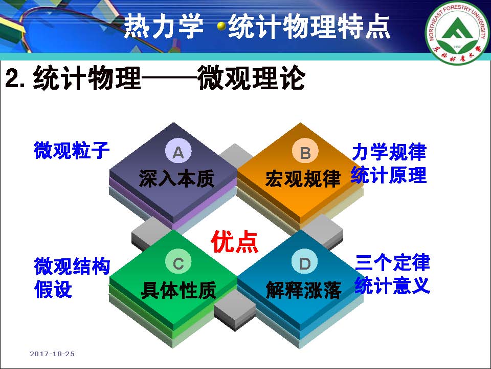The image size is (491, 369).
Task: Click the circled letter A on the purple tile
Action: [x=178, y=152]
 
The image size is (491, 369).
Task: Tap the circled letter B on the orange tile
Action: [x=305, y=152]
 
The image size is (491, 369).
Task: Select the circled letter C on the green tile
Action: [x=178, y=263]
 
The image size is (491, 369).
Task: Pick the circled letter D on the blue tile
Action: [x=305, y=263]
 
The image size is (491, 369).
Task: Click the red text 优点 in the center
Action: [x=235, y=241]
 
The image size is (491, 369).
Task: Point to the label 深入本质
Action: [x=176, y=178]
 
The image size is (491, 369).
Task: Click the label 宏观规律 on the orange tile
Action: [x=303, y=178]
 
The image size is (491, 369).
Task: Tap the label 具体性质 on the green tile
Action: [x=178, y=290]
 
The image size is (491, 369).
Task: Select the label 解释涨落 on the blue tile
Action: [x=303, y=290]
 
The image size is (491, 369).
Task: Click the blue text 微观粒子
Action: [x=72, y=150]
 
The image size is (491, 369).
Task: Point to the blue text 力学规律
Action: [x=389, y=152]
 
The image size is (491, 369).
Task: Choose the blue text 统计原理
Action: [x=389, y=175]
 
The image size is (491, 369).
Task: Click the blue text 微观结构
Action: [x=72, y=266]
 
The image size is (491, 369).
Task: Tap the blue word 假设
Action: [x=53, y=289]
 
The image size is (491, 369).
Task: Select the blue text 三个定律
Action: [x=392, y=262]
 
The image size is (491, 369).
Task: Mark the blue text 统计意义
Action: [x=392, y=285]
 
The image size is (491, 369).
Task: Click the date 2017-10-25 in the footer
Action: [x=52, y=354]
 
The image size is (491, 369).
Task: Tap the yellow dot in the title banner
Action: [x=221, y=26]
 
